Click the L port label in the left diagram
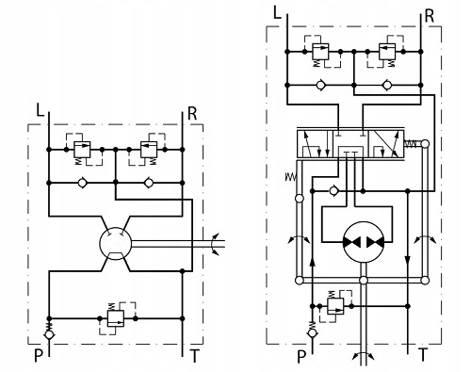[x=40, y=110]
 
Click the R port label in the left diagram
[x=192, y=114]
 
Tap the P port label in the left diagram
[x=39, y=356]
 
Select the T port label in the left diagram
[x=195, y=356]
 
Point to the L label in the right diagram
[x=277, y=13]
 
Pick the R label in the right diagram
[x=430, y=16]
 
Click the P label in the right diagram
[x=301, y=356]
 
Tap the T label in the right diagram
[x=423, y=355]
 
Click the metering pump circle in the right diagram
[x=364, y=242]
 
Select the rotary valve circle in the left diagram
[x=115, y=243]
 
